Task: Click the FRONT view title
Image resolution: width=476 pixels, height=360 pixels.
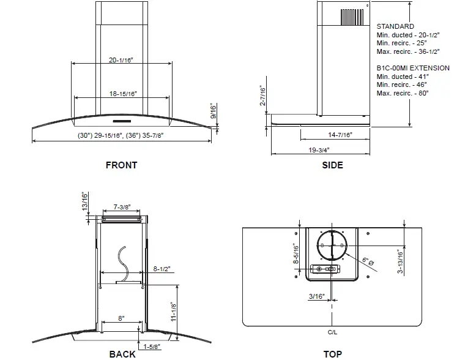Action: click(x=121, y=165)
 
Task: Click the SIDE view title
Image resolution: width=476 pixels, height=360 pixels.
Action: click(x=332, y=165)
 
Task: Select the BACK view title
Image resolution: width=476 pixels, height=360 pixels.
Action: click(x=122, y=354)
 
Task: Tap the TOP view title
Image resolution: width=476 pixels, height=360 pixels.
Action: click(x=332, y=354)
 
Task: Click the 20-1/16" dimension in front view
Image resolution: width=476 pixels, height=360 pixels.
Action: click(x=121, y=60)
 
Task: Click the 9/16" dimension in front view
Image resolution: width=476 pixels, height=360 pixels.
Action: click(x=213, y=111)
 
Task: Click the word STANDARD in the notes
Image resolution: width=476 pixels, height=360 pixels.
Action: click(x=395, y=26)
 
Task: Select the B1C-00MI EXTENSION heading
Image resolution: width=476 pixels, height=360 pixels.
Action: click(x=413, y=68)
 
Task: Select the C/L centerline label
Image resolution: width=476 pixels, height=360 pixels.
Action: click(x=332, y=332)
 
